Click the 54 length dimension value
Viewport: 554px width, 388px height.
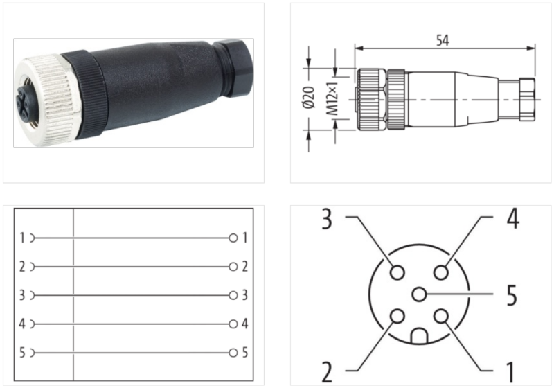tap(443, 40)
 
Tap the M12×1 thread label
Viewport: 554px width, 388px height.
tap(332, 99)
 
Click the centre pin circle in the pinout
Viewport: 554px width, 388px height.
tap(420, 294)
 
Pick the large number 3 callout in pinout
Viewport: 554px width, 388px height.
tap(327, 219)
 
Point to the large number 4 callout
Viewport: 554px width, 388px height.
tap(513, 218)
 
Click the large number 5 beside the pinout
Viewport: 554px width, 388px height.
tap(511, 295)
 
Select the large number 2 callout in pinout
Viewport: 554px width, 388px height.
tap(327, 372)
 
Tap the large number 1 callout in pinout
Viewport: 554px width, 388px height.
tap(510, 372)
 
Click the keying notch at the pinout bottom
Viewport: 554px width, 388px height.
tap(420, 336)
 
